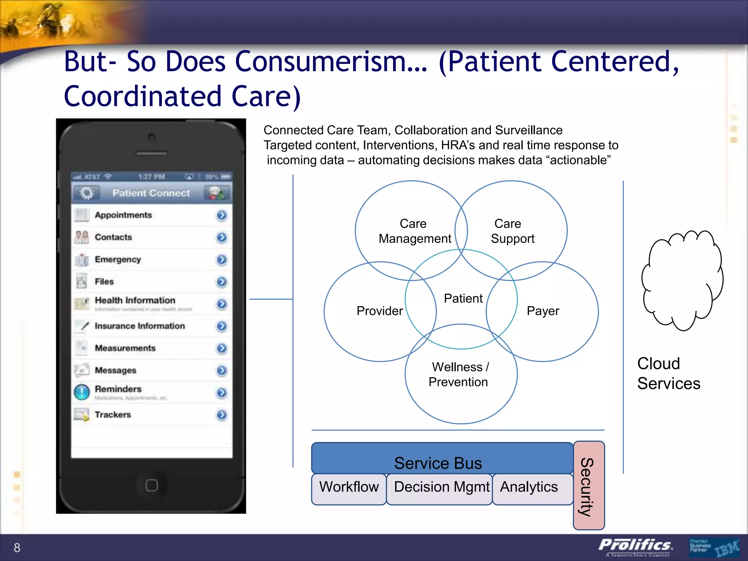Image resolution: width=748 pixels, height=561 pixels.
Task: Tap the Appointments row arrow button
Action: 221,215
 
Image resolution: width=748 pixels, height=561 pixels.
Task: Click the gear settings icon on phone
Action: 87,193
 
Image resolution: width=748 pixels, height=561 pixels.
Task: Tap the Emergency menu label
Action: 118,259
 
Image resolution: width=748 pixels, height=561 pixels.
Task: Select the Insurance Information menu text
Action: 140,326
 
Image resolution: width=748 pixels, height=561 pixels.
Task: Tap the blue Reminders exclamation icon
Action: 82,392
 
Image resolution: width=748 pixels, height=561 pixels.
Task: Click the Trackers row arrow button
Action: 221,415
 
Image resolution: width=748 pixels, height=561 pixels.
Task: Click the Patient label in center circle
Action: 463,298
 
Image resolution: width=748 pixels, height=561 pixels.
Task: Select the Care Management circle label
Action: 414,231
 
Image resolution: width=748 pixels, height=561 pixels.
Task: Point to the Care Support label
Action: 512,231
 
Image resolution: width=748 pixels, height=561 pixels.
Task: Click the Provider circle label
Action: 379,311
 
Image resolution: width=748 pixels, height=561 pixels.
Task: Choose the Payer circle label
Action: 542,311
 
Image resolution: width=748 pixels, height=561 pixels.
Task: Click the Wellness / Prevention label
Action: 459,374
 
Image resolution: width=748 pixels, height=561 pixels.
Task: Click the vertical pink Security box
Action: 588,486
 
